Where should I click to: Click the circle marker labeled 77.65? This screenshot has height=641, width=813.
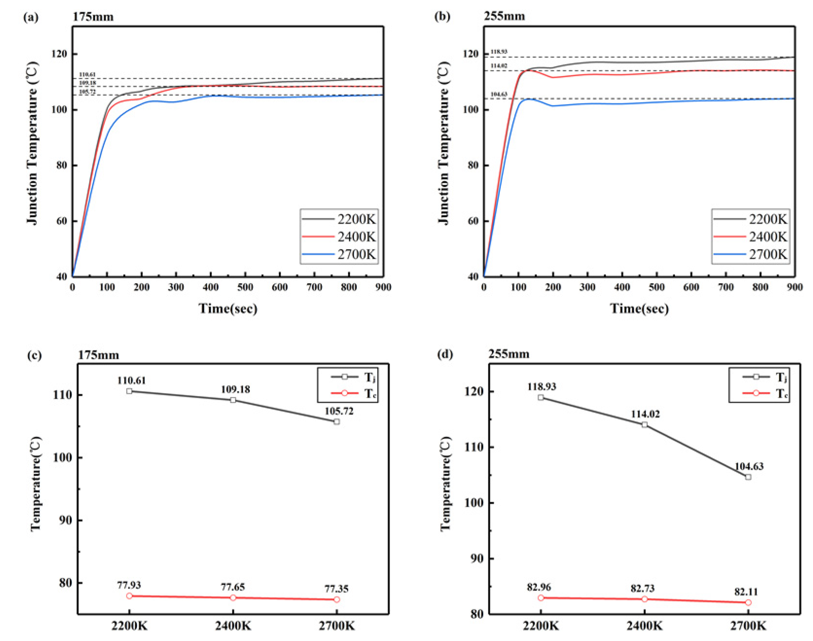click(233, 597)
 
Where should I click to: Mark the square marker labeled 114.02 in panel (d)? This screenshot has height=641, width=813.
click(644, 425)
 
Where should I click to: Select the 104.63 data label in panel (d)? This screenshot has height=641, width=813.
click(749, 466)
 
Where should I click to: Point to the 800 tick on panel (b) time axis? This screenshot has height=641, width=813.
click(760, 287)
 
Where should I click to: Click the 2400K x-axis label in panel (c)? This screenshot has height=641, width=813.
click(233, 626)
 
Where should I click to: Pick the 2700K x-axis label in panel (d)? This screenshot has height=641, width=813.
click(748, 626)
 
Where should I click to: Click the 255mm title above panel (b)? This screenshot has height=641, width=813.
click(504, 16)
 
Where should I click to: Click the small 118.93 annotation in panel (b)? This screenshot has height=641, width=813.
click(499, 51)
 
